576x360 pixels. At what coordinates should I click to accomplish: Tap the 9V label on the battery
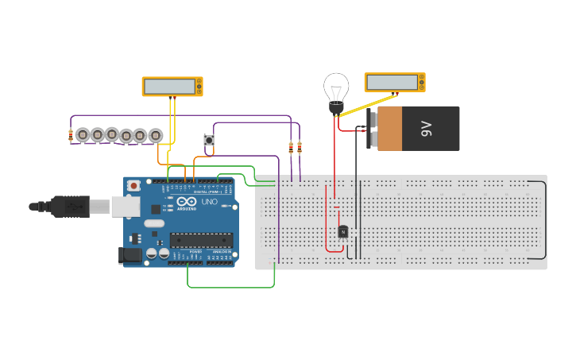click(425, 129)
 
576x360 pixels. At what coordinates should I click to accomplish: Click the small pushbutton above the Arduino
click(210, 140)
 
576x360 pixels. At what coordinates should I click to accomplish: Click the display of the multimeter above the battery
click(392, 82)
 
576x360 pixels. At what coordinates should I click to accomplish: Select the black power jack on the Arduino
click(129, 255)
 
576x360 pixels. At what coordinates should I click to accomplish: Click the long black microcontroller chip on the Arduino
click(201, 240)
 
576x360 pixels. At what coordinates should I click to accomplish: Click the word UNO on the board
click(208, 203)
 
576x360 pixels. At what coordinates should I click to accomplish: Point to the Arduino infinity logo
click(186, 203)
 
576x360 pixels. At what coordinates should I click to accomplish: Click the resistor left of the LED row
click(72, 135)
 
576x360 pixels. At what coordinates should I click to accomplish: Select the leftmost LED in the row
click(83, 134)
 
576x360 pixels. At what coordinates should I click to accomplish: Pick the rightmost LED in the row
click(156, 135)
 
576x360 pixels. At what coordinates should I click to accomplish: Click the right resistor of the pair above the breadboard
click(300, 146)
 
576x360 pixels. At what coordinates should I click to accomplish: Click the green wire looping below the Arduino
click(230, 288)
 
